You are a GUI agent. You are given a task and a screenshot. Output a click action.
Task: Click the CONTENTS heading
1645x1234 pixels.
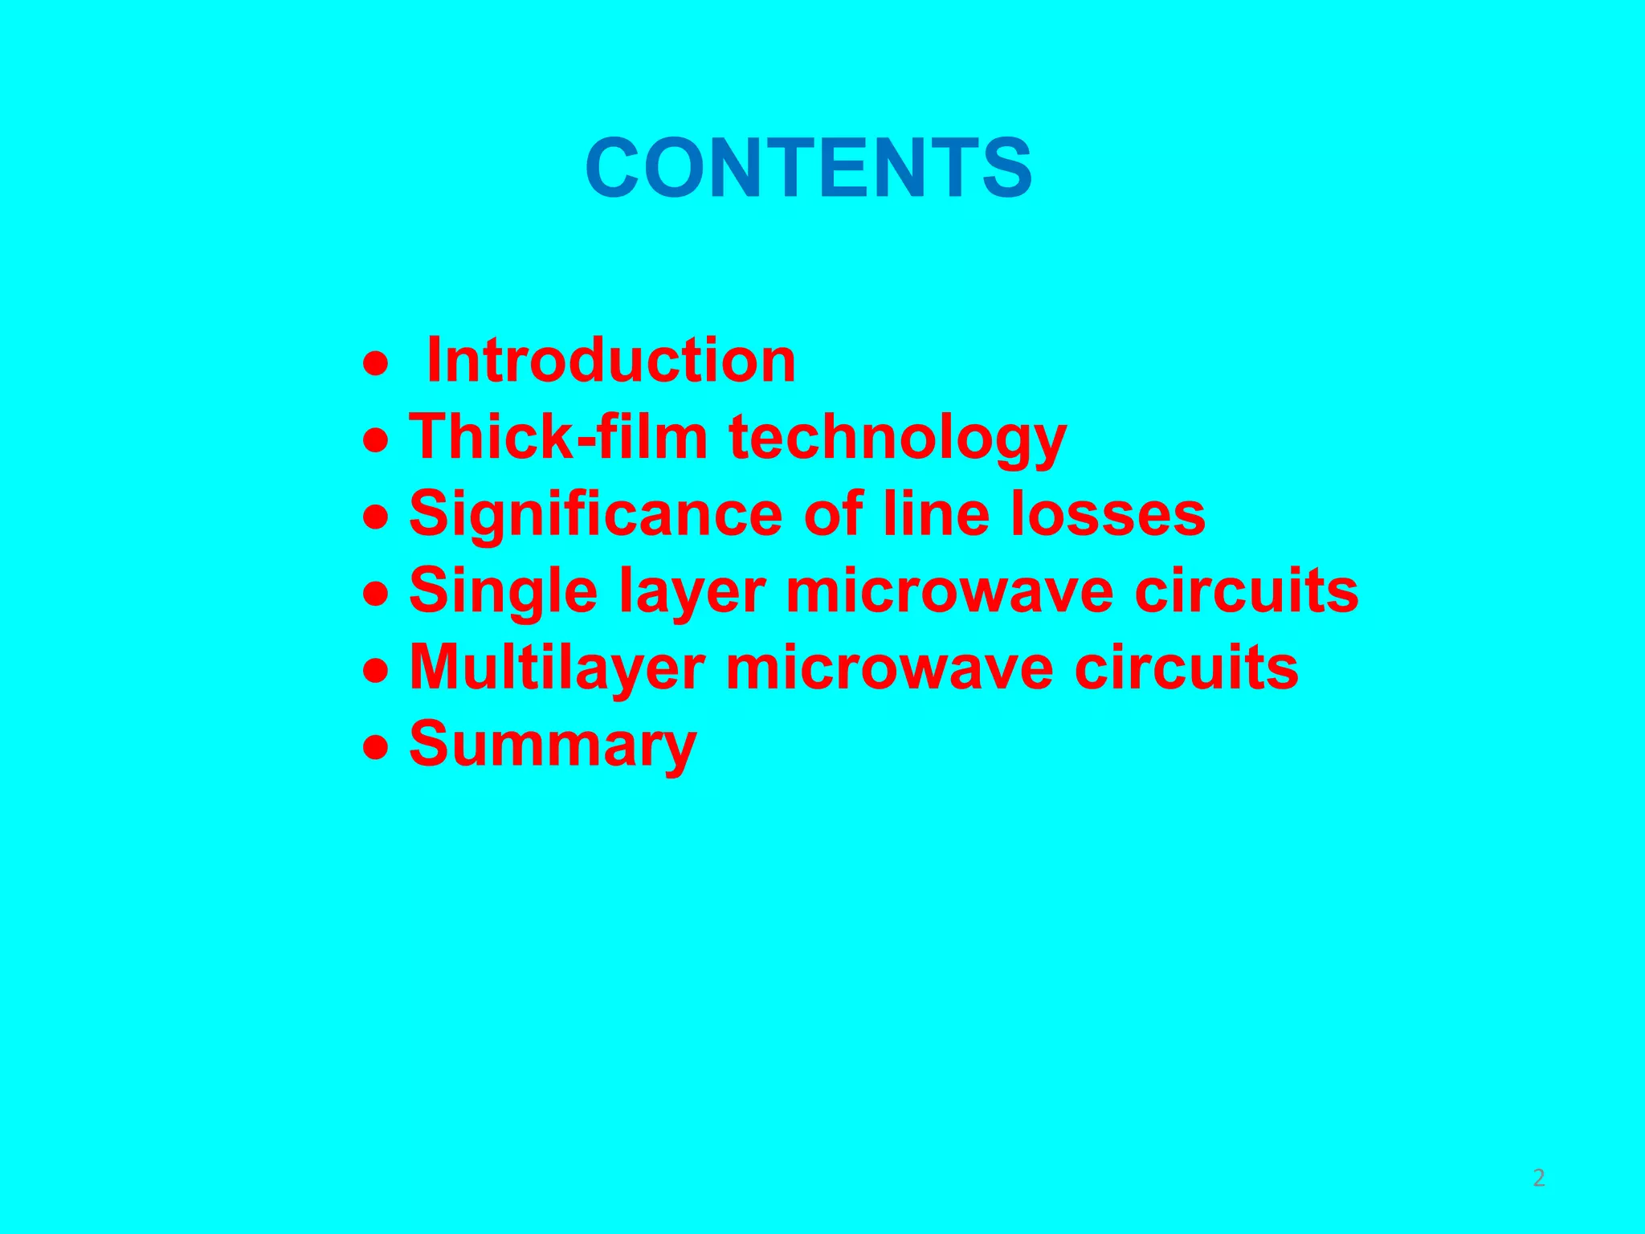click(809, 169)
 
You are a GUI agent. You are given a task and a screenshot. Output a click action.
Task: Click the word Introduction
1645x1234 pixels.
click(611, 361)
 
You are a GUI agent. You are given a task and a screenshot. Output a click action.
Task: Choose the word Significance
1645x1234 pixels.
click(596, 514)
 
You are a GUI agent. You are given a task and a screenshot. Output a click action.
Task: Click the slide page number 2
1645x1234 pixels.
click(1539, 1178)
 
